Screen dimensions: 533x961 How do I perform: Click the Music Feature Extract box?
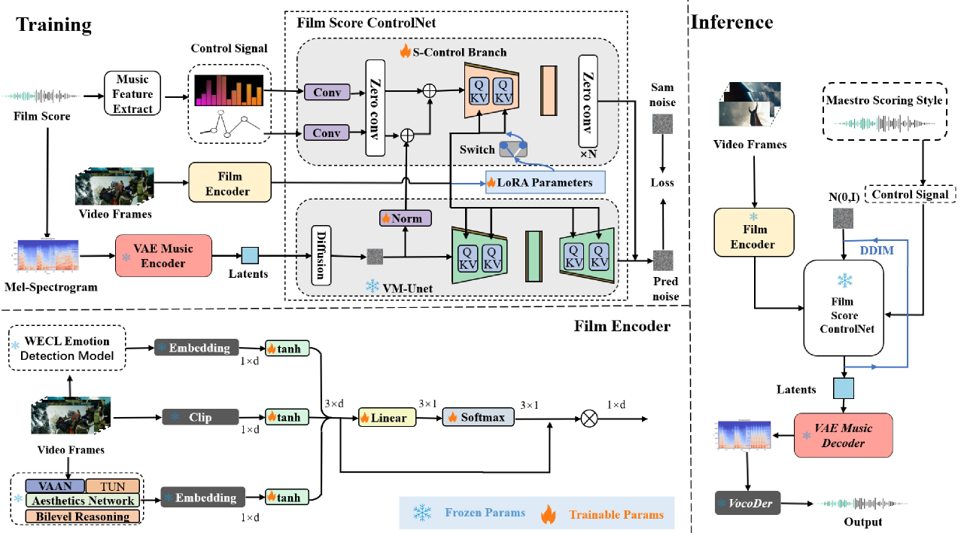point(132,94)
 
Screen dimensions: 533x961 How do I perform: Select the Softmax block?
point(478,416)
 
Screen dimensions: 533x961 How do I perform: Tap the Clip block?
point(200,416)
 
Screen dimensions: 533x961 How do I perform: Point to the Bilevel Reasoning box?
point(83,516)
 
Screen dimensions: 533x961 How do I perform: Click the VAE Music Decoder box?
point(843,435)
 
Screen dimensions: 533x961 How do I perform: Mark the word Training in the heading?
point(54,24)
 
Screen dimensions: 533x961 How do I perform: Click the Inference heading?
point(732,22)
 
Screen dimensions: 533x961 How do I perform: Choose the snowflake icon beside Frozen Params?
point(422,513)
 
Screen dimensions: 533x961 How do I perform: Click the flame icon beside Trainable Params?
point(549,513)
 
